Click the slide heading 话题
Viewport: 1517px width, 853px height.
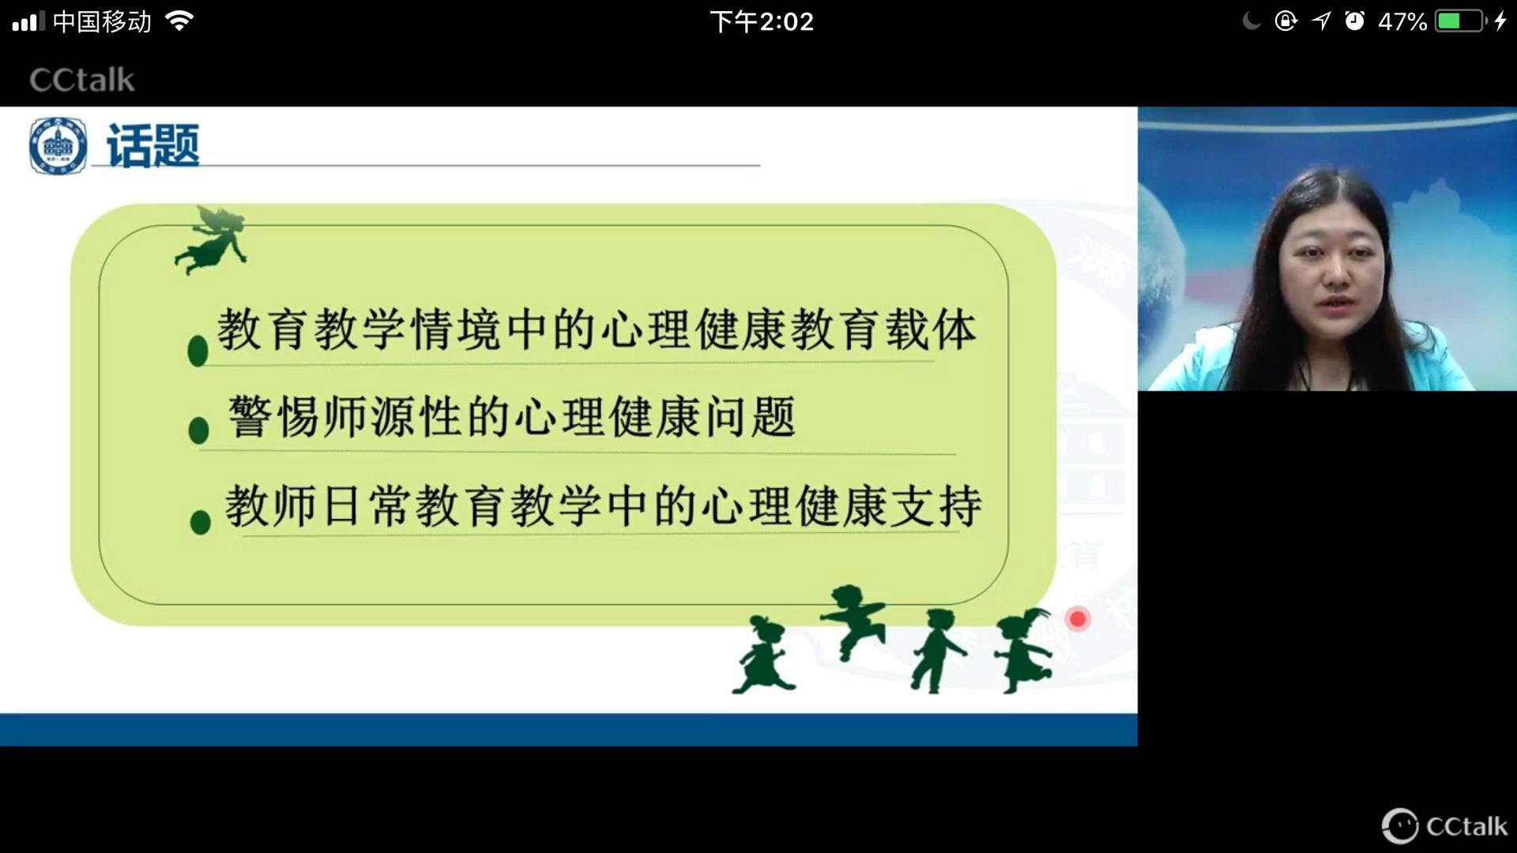coord(152,146)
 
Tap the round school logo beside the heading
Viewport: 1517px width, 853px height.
coord(58,145)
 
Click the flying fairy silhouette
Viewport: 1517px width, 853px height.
coord(212,240)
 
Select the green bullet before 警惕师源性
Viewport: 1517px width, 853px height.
coord(199,430)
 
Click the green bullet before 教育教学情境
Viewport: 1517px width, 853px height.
coord(198,350)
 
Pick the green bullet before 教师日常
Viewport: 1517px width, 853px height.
coord(201,521)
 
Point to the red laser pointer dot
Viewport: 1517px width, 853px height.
coord(1078,618)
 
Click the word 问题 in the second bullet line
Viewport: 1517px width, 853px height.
coord(750,417)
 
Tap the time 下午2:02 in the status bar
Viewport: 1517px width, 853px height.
coord(762,21)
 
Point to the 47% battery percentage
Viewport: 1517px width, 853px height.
coord(1402,21)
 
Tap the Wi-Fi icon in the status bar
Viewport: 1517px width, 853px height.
coord(180,21)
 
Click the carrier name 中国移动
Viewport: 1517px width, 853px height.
coord(102,21)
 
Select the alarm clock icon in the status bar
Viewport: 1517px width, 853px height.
coord(1354,21)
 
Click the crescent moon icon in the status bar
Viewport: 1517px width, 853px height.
coord(1252,21)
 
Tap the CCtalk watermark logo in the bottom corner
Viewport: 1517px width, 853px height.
coord(1444,826)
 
